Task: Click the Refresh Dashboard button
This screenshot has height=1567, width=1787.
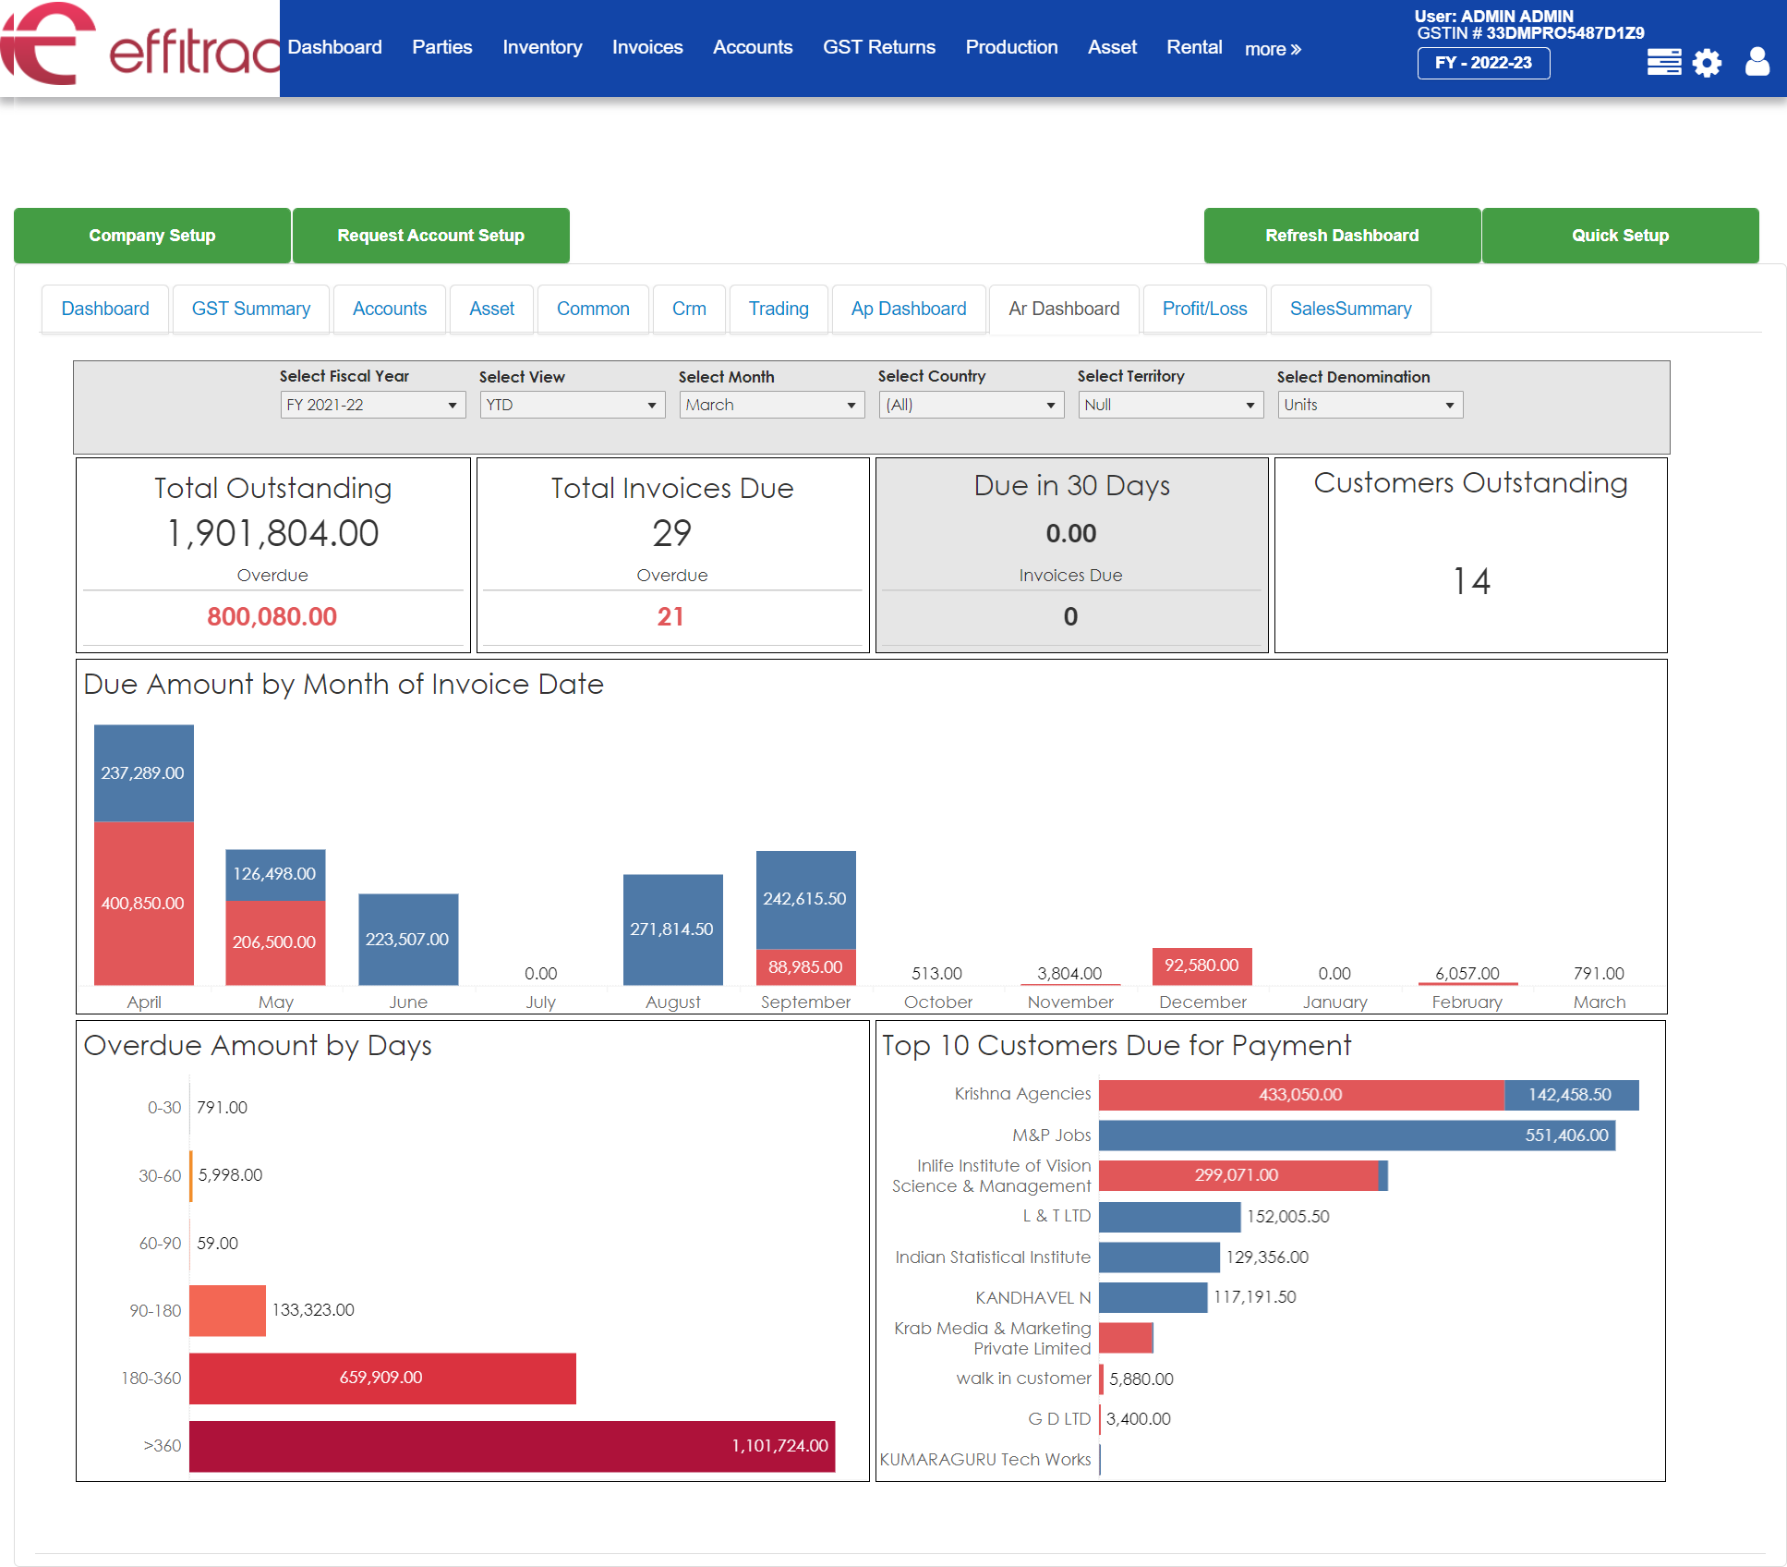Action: pyautogui.click(x=1341, y=236)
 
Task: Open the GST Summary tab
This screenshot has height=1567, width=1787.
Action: pyautogui.click(x=250, y=309)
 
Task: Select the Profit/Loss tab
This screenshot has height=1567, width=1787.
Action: pyautogui.click(x=1203, y=309)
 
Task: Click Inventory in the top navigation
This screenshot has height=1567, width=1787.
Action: pyautogui.click(x=542, y=47)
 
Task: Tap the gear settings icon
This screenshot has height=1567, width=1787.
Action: pyautogui.click(x=1707, y=63)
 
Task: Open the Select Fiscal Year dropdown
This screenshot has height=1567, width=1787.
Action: pyautogui.click(x=372, y=405)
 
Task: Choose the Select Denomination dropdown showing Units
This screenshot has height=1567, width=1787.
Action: pyautogui.click(x=1370, y=405)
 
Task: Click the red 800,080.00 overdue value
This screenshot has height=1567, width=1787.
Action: pyautogui.click(x=272, y=616)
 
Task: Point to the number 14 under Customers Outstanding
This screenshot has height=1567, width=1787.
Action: pyautogui.click(x=1470, y=581)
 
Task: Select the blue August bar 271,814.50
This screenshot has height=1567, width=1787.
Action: pyautogui.click(x=672, y=929)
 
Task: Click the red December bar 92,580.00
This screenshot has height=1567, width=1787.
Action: pyautogui.click(x=1201, y=966)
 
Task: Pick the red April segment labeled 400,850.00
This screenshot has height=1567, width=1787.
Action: pyautogui.click(x=143, y=903)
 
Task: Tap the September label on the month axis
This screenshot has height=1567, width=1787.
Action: pyautogui.click(x=805, y=1002)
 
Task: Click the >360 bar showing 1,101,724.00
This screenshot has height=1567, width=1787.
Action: pyautogui.click(x=512, y=1446)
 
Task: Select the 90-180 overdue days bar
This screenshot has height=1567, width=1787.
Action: pyautogui.click(x=227, y=1310)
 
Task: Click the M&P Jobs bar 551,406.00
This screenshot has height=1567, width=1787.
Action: pyautogui.click(x=1356, y=1136)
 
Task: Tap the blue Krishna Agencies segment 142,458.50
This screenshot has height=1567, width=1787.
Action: pyautogui.click(x=1570, y=1095)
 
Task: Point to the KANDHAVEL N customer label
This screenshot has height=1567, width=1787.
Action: pyautogui.click(x=1032, y=1297)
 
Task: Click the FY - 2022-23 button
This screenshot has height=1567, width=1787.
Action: pyautogui.click(x=1482, y=63)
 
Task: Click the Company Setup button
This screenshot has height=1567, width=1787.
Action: pyautogui.click(x=152, y=236)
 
